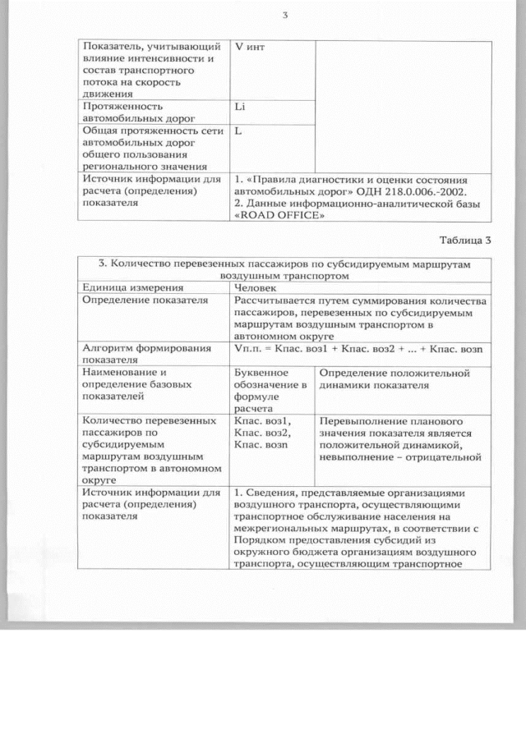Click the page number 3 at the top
[x=284, y=16]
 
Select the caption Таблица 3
[x=465, y=241]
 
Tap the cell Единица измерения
[x=131, y=288]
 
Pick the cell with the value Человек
[x=256, y=288]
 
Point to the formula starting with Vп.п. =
[x=358, y=350]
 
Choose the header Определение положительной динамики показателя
[x=393, y=378]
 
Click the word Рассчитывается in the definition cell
[x=279, y=301]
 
